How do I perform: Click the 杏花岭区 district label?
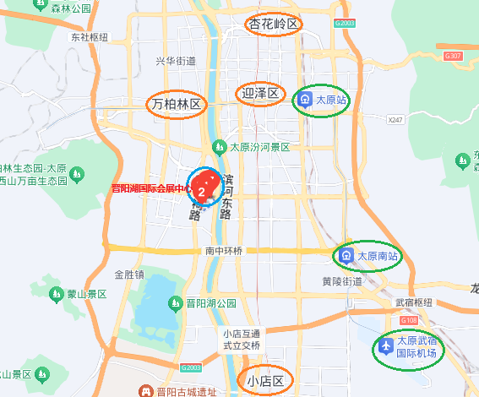coord(274,24)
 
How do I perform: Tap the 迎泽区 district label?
coord(259,93)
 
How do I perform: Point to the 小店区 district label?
coord(264,381)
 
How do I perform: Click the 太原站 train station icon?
coord(305,100)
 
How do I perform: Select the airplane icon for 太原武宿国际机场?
coord(386,345)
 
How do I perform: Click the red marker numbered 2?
coord(201,191)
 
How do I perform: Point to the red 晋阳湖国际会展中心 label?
coord(149,188)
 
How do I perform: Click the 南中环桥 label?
coord(224,251)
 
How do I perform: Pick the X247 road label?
coord(395,121)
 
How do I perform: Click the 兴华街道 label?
coord(176,61)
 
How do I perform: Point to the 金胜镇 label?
coord(129,275)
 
